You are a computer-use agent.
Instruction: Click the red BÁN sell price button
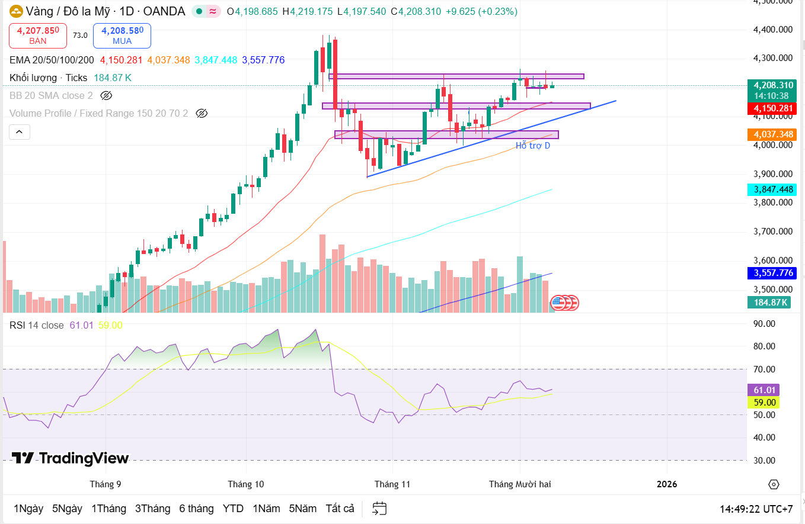pos(38,36)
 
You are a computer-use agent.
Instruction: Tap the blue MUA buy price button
pos(122,36)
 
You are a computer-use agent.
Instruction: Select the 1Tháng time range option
pos(108,509)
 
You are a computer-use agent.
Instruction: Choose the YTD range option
pos(233,509)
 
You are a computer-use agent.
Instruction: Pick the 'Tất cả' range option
pos(340,509)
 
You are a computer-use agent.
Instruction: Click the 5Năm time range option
pos(303,509)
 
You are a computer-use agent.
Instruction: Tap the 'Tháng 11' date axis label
pos(392,484)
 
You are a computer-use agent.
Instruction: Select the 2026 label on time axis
pos(667,484)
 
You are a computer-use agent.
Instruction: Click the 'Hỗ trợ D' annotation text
pos(532,146)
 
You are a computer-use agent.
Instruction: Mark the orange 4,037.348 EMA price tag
pos(771,135)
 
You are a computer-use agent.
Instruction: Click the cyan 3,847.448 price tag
pos(771,189)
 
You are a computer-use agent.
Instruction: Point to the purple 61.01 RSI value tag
pos(764,390)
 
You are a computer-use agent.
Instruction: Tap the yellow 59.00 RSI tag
pos(764,403)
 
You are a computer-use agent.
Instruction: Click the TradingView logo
pos(70,458)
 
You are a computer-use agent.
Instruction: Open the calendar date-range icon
pos(379,509)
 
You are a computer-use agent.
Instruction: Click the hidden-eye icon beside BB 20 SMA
pos(106,95)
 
